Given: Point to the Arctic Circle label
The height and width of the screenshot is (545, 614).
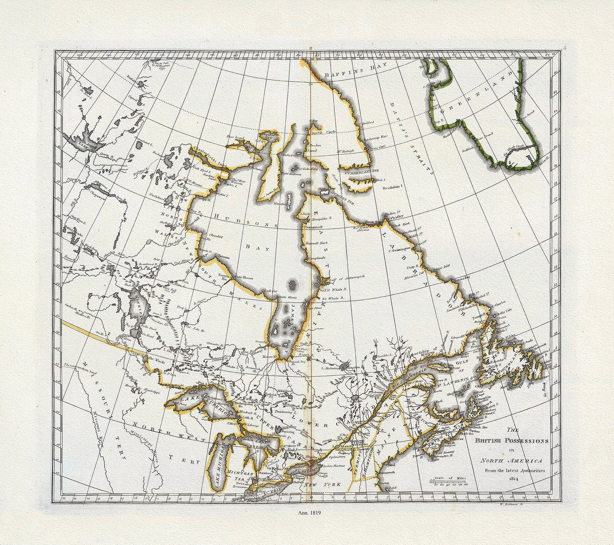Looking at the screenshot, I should pos(325,132).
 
